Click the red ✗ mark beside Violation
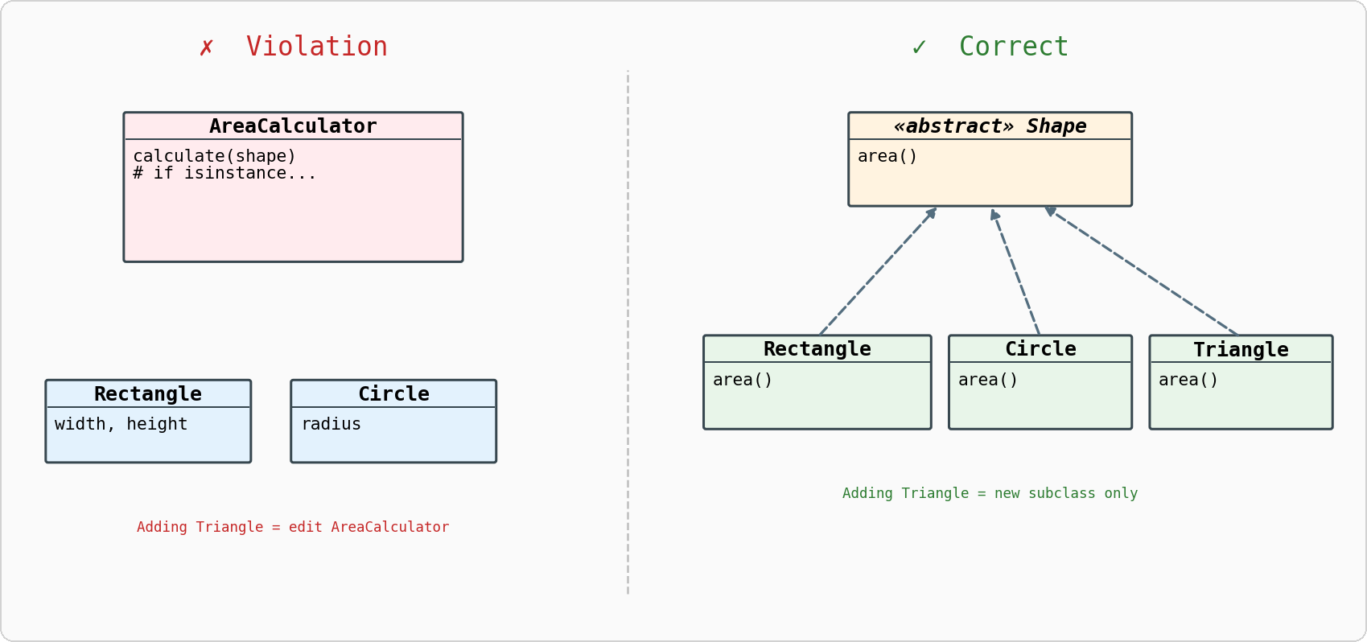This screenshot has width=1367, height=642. tap(207, 47)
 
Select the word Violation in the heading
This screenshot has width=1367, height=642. tap(316, 47)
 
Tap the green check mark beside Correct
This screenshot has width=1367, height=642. tap(919, 47)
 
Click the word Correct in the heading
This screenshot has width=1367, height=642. tap(1013, 47)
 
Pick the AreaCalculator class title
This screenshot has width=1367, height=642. tap(293, 126)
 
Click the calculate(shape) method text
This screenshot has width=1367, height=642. tap(214, 156)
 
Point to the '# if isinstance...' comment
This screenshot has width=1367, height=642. tap(224, 173)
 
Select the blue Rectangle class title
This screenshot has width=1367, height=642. tap(148, 394)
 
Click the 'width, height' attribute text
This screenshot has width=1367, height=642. tap(121, 424)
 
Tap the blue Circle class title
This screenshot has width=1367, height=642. tap(393, 394)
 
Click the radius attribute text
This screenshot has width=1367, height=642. tap(331, 424)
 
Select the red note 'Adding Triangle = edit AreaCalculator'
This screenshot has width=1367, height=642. tap(293, 527)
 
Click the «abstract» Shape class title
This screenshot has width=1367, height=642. tap(990, 126)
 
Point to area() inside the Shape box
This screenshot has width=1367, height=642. tap(887, 156)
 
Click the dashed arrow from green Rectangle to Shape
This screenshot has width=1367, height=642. tap(878, 271)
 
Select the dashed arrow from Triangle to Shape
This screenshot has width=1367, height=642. tap(1143, 271)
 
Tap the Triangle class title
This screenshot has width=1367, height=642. tap(1241, 350)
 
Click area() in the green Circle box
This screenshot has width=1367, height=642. tap(988, 380)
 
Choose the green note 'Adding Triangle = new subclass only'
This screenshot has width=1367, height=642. tap(990, 493)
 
